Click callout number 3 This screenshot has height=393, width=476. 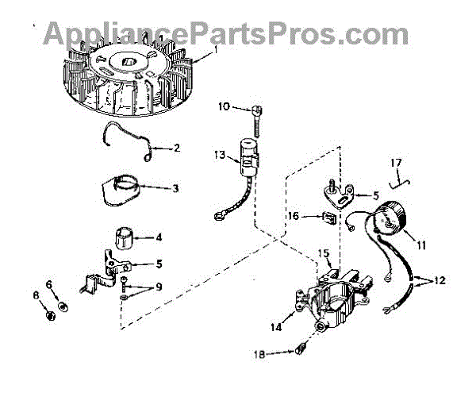[175, 188]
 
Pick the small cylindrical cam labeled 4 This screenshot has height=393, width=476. [128, 237]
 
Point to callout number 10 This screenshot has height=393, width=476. [224, 106]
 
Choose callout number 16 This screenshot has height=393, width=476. [292, 214]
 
